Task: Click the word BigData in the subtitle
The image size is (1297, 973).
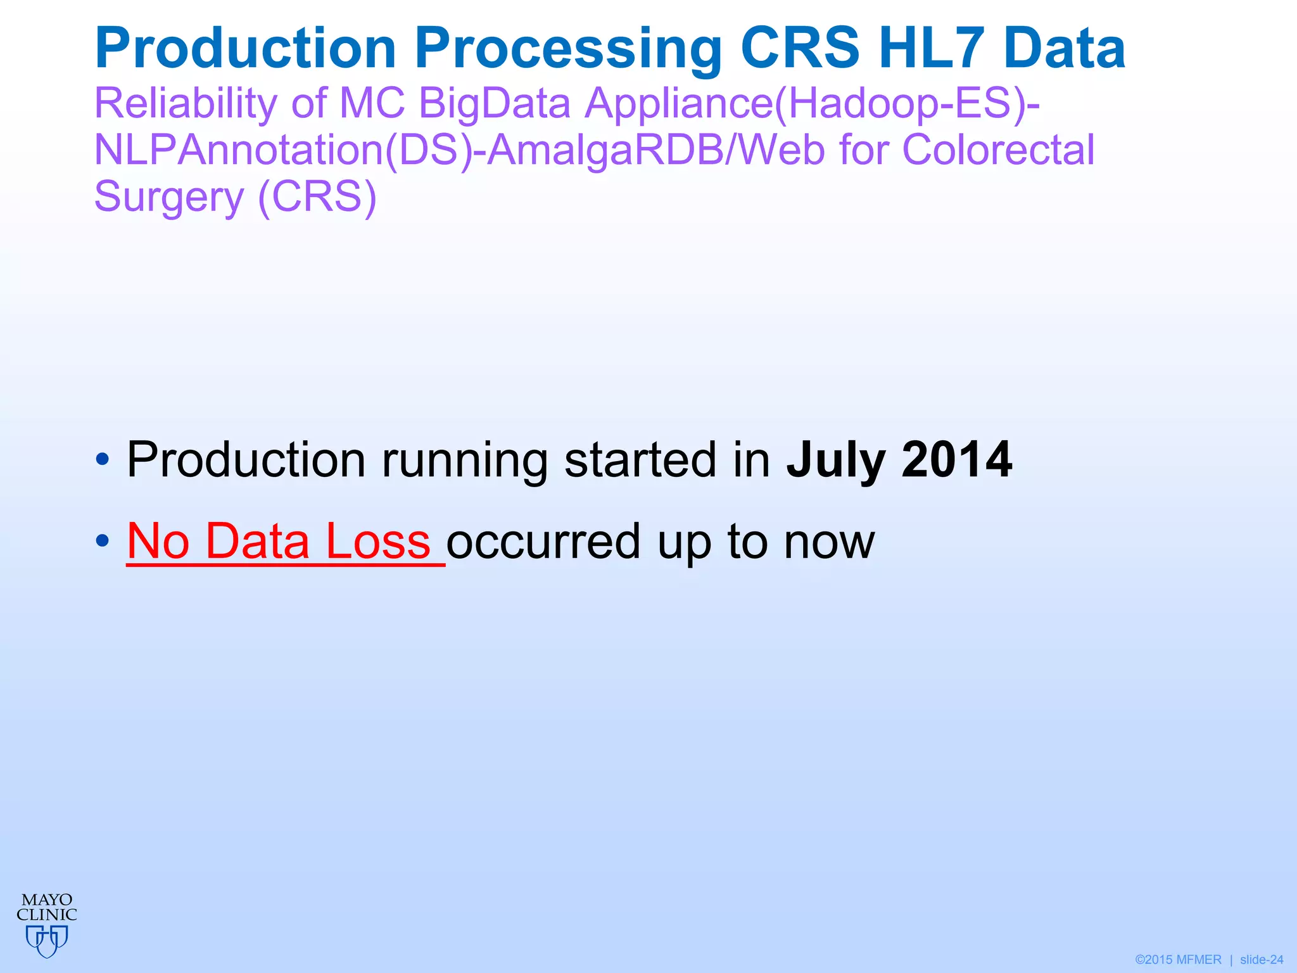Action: click(x=495, y=104)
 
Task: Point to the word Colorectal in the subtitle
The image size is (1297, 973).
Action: click(x=998, y=151)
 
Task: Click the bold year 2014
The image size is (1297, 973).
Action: click(x=957, y=460)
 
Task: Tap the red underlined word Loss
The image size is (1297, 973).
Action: click(x=378, y=542)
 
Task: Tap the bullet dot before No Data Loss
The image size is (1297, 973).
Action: click(x=103, y=541)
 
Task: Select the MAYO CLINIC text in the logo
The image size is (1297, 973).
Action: click(x=47, y=907)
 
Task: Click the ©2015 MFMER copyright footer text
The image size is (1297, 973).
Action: click(x=1178, y=960)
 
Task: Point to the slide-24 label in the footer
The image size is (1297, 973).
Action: click(x=1262, y=960)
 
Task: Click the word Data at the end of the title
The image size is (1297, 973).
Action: click(x=1065, y=49)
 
